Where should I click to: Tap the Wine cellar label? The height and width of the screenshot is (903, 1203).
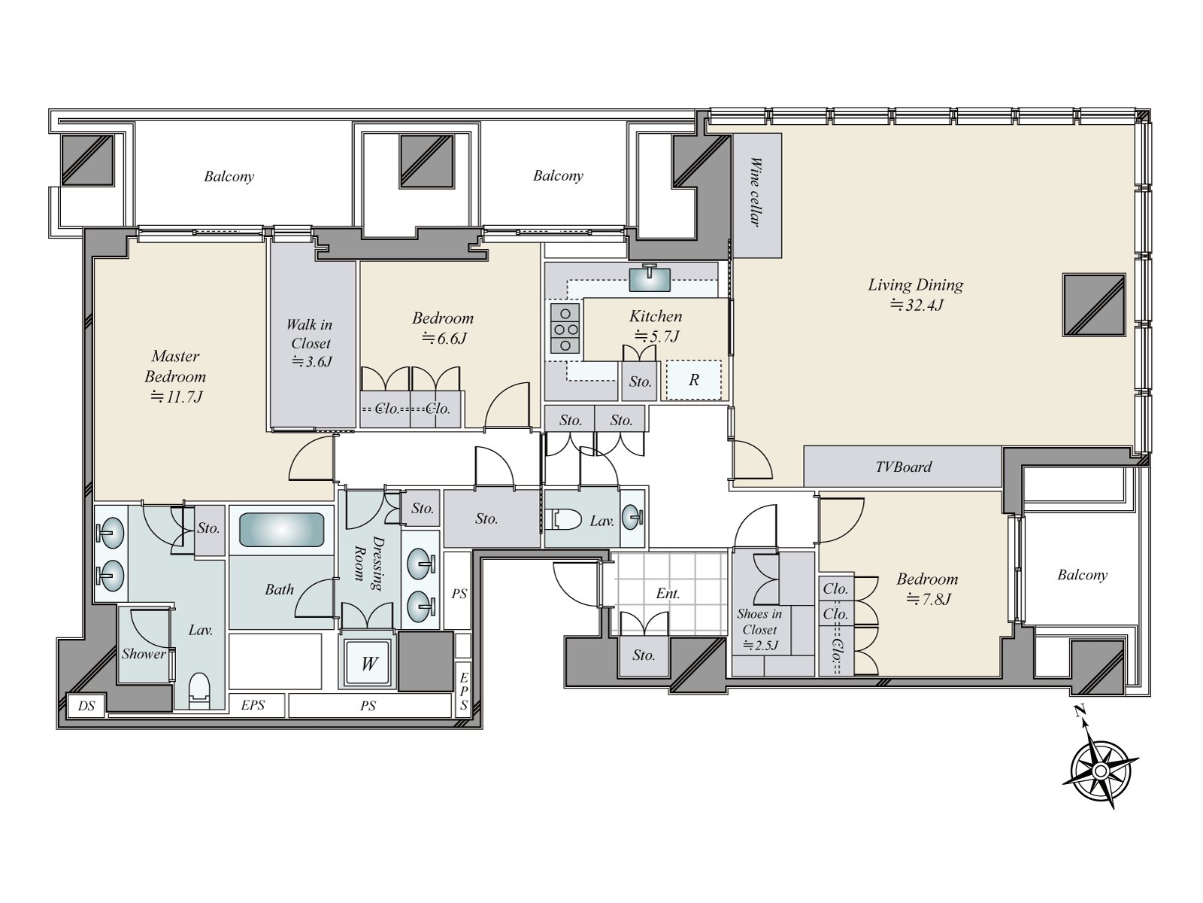click(756, 193)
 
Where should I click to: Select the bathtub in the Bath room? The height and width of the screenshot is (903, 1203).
click(281, 530)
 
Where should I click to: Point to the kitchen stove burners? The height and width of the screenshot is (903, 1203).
click(565, 328)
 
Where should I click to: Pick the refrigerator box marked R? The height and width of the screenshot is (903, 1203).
click(694, 379)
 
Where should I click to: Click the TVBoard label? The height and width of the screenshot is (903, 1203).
click(903, 467)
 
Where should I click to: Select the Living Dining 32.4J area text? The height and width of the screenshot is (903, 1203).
click(916, 294)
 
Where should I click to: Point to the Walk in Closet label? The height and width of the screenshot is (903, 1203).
click(311, 342)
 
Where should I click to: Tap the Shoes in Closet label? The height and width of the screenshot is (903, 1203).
click(759, 629)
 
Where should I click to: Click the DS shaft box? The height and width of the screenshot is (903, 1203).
click(86, 706)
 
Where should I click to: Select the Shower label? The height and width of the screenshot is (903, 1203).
click(144, 653)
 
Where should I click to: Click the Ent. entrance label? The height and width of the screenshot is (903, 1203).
click(668, 593)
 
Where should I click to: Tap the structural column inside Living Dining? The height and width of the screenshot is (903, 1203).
click(1094, 305)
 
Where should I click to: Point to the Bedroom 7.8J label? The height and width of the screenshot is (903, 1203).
click(927, 589)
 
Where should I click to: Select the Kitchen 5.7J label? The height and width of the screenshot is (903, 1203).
click(656, 326)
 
